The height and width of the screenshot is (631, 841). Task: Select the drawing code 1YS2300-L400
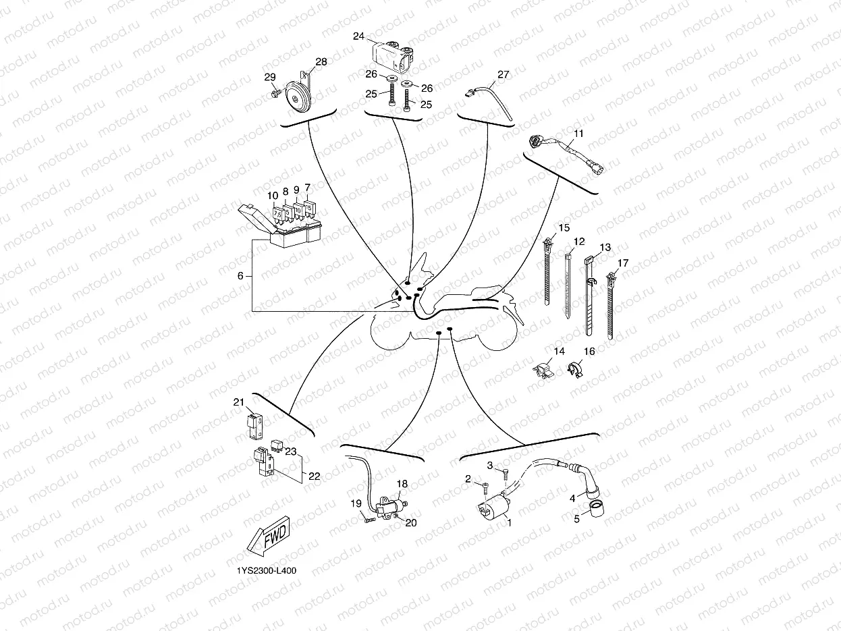(267, 571)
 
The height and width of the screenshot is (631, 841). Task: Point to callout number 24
(358, 36)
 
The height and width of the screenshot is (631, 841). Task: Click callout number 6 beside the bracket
(240, 276)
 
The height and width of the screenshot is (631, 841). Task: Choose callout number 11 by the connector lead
(578, 134)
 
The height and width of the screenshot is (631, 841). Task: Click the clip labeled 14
(543, 371)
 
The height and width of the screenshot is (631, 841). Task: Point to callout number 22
(314, 476)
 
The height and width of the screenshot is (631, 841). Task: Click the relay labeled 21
(254, 426)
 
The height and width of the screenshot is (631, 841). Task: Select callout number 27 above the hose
(503, 74)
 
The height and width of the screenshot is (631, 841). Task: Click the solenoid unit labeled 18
(391, 507)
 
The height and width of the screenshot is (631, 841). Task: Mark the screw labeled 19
(369, 520)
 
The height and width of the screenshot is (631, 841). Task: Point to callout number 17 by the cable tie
(623, 263)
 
